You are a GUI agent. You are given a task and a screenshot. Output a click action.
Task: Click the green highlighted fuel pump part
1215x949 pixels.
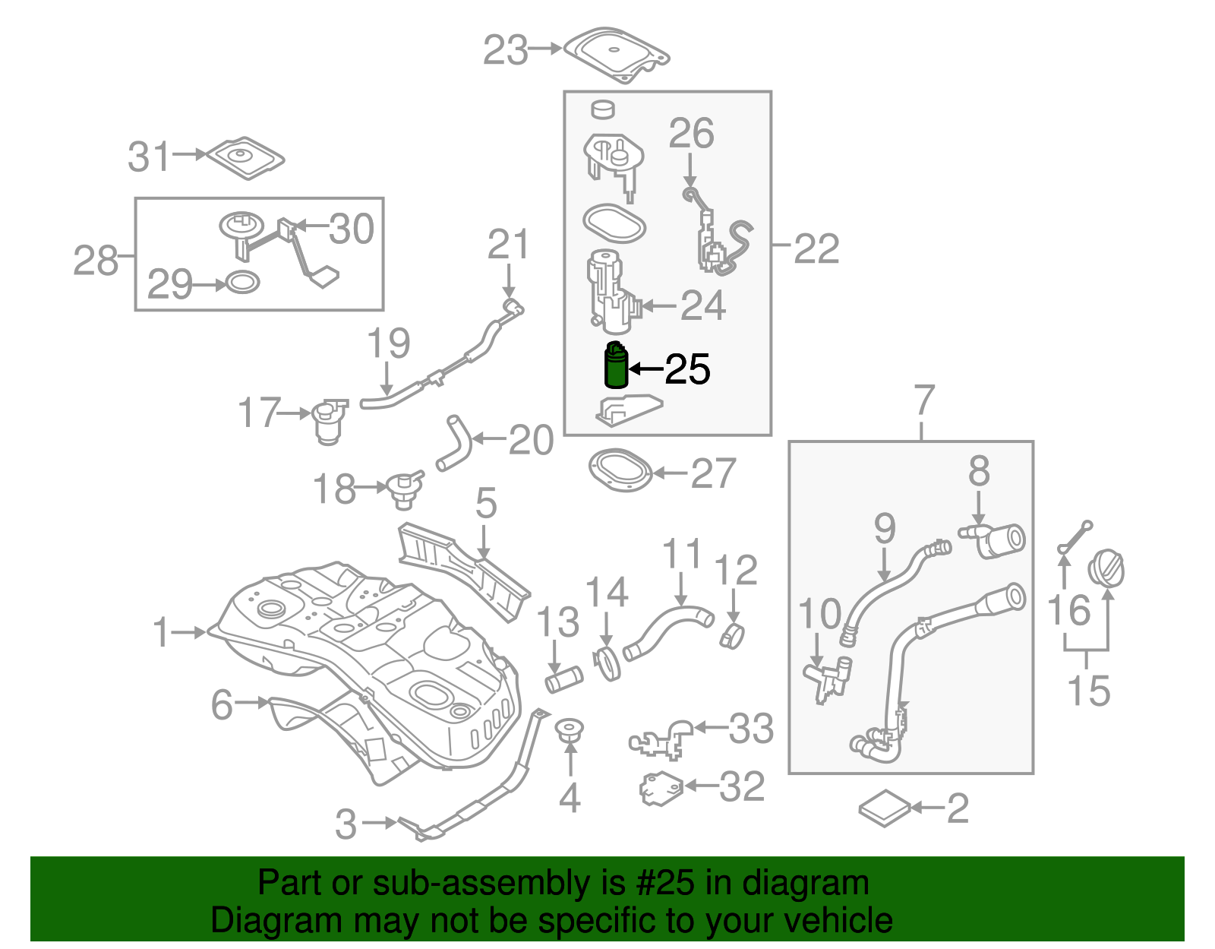[x=615, y=366]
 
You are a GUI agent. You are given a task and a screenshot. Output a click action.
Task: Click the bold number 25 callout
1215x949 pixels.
[x=687, y=369]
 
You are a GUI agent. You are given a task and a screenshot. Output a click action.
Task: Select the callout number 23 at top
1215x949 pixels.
[x=506, y=51]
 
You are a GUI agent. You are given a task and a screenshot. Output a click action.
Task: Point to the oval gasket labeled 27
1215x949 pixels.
[x=620, y=470]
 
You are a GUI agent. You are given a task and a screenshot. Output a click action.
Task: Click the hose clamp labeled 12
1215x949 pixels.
[x=732, y=635]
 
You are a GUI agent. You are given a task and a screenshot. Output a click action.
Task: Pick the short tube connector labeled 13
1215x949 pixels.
[x=563, y=678]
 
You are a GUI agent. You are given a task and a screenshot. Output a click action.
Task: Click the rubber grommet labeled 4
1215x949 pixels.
[x=569, y=731]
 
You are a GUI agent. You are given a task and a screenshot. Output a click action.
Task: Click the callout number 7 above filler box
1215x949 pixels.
[x=923, y=400]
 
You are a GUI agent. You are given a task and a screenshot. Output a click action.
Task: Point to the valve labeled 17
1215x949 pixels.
[x=330, y=422]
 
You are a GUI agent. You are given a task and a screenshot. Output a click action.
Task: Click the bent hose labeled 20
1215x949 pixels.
[x=454, y=443]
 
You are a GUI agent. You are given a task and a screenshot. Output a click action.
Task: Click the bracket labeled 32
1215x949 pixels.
[x=661, y=788]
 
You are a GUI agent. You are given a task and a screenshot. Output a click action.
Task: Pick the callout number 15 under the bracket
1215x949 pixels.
[x=1088, y=690]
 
